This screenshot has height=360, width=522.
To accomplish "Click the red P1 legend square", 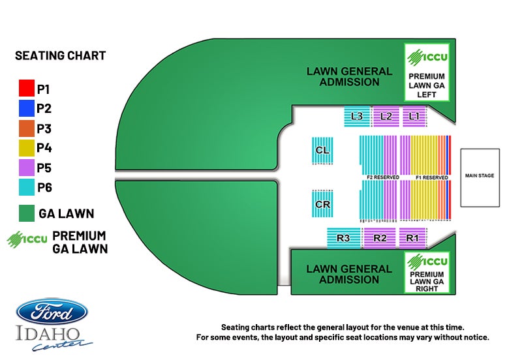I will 26,88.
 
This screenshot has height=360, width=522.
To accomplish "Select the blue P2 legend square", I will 26,108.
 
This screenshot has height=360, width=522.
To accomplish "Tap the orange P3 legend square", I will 26,128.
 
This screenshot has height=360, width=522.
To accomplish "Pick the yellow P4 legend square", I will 26,147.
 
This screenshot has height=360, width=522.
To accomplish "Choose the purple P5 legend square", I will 26,168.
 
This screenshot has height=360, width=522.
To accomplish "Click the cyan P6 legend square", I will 26,187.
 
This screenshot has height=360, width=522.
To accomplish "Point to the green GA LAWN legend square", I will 26,213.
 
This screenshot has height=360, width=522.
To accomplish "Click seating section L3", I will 357,116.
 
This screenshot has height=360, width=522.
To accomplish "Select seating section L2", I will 385,116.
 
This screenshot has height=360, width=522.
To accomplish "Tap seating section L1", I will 414,116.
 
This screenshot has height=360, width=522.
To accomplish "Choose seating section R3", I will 343,238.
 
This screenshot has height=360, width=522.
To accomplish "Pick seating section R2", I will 380,238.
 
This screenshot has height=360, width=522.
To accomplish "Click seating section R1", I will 412,238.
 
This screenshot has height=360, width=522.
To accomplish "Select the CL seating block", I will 322,151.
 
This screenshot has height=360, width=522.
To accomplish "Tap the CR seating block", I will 322,204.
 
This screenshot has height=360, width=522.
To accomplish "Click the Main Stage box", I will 480,175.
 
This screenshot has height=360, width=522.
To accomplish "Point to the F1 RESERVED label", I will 432,177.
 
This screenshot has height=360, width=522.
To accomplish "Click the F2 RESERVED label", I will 383,177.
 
